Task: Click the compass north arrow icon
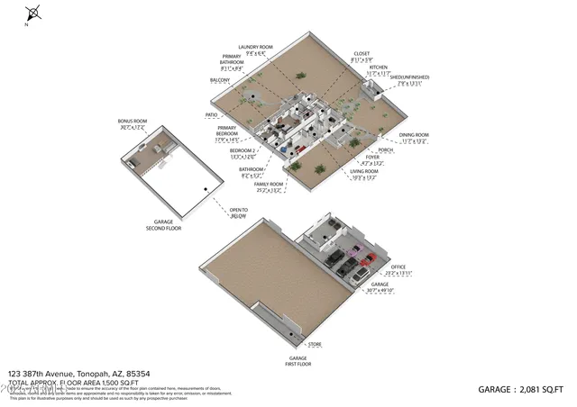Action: (33, 14)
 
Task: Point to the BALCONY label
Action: (220, 80)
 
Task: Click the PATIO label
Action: (212, 115)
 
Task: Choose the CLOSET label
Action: (362, 53)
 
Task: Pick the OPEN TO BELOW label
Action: (238, 213)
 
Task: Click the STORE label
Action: (315, 344)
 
